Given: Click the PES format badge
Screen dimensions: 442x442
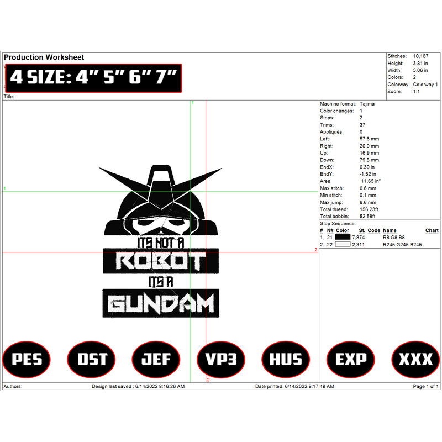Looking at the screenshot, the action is click(27, 359).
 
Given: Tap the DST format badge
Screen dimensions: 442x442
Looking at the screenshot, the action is click(91, 359).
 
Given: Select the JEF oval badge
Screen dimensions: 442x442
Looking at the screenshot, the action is click(156, 359).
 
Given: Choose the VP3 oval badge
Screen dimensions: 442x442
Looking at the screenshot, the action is click(221, 359).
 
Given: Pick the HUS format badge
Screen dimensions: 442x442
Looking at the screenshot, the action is click(286, 359).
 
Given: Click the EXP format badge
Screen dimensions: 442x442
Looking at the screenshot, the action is click(351, 359).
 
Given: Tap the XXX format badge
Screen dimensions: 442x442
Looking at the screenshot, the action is click(415, 359).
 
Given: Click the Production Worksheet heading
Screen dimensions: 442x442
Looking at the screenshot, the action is click(44, 57).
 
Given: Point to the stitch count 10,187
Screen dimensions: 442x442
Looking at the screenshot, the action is click(420, 56).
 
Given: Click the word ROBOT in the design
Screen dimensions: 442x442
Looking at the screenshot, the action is click(161, 261).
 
